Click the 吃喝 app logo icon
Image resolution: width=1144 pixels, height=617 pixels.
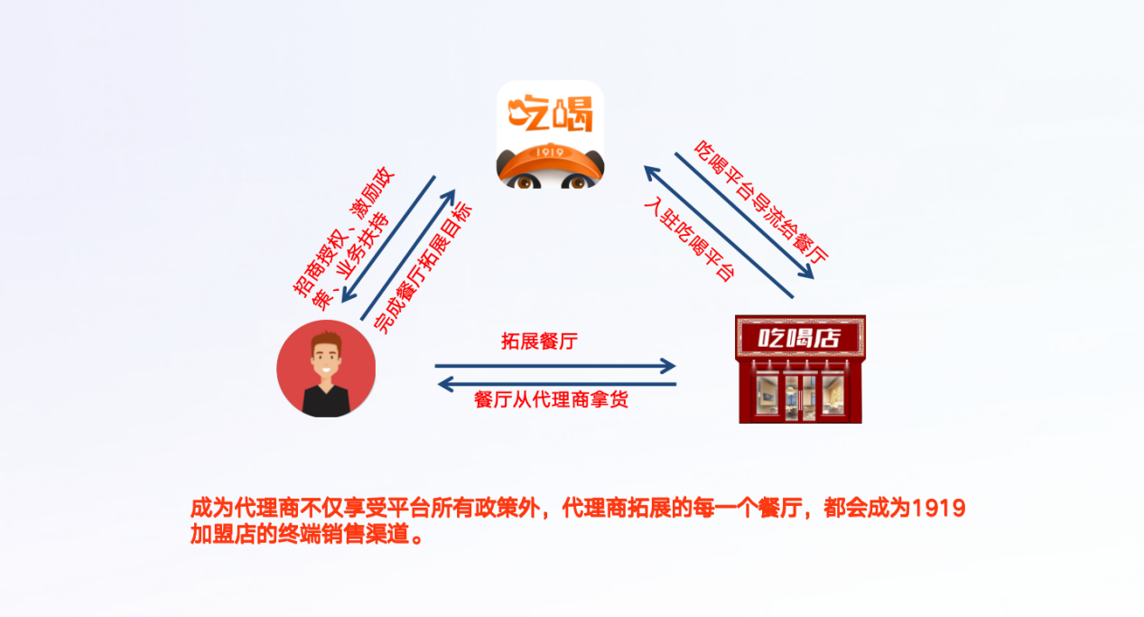[x=550, y=133]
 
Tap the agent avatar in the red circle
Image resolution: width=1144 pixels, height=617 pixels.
[x=326, y=368]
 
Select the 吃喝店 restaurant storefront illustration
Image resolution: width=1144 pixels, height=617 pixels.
[x=800, y=369]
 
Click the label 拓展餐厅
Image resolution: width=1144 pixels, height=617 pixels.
[x=539, y=341]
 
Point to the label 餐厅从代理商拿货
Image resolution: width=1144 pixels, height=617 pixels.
[x=551, y=401]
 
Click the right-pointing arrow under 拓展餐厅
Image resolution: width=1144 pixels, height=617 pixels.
[x=554, y=366]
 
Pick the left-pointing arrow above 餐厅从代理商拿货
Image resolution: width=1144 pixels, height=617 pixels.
[x=556, y=385]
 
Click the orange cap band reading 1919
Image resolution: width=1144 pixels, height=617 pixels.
[x=550, y=154]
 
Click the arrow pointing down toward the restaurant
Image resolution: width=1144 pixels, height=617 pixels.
[x=744, y=216]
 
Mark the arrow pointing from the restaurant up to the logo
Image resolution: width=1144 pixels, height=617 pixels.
[x=718, y=232]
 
